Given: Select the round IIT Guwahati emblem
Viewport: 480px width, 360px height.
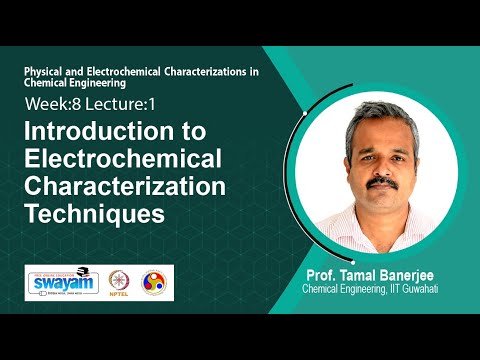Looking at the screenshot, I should click(x=155, y=283).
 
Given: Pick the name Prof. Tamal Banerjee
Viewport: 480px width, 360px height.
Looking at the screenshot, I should click(x=367, y=276).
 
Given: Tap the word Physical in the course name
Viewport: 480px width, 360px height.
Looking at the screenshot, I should click(x=45, y=74).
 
